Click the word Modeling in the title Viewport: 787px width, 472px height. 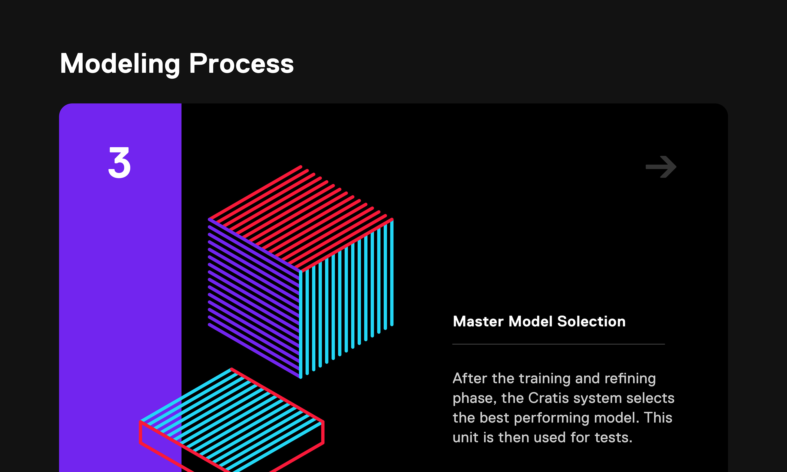[x=120, y=65]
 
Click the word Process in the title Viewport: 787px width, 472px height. [x=241, y=63]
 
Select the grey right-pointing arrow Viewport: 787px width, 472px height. [x=661, y=167]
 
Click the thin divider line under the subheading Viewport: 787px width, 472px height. [x=558, y=344]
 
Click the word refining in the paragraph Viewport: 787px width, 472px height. [x=630, y=379]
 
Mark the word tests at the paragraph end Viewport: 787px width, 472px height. [x=614, y=438]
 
